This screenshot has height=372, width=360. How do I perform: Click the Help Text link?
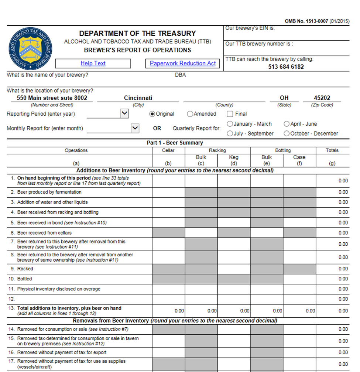(x=93, y=64)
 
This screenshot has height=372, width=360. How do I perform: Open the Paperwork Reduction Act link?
(x=183, y=64)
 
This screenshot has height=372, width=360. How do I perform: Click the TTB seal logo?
(x=31, y=48)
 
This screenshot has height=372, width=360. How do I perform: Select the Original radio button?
(x=152, y=114)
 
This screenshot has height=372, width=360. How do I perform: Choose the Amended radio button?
(x=190, y=114)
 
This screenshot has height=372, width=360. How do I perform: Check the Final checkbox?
(x=230, y=114)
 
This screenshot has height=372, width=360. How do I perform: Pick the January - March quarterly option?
(x=230, y=124)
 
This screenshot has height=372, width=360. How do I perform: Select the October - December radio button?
(x=287, y=134)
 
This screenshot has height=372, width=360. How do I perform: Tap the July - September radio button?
(x=230, y=134)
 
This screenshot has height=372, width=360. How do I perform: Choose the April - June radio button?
(x=287, y=124)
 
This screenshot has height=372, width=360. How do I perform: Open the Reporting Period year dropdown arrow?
(x=125, y=114)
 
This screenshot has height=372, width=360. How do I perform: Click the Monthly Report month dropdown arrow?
(x=135, y=128)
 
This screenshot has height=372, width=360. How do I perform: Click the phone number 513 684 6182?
(x=286, y=67)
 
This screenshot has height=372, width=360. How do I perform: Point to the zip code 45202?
(x=322, y=98)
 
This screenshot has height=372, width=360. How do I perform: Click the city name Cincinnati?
(x=138, y=98)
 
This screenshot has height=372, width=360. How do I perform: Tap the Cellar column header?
(x=168, y=150)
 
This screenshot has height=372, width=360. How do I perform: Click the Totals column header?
(x=332, y=150)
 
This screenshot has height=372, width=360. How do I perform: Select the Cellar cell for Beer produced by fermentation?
(x=168, y=192)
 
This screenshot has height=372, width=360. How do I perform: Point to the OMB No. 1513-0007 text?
(x=306, y=21)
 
